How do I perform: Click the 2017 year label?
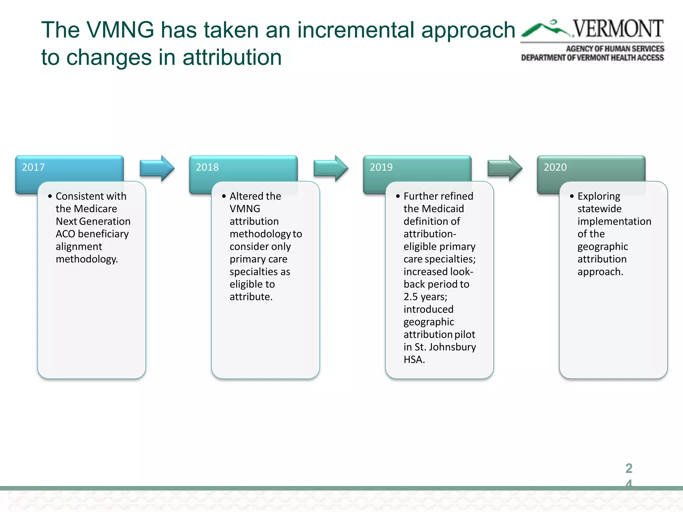[33, 167]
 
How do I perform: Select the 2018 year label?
[207, 167]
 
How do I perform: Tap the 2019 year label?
[381, 167]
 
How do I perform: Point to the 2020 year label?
[555, 167]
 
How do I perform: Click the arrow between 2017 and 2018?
[157, 168]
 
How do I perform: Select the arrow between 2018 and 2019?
[331, 168]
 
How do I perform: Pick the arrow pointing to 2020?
[505, 168]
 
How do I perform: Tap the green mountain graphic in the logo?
[546, 29]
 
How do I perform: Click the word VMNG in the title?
[120, 30]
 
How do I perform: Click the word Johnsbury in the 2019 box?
[452, 347]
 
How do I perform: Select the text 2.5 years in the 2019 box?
[425, 297]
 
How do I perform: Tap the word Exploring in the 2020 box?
[599, 196]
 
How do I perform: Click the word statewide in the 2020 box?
[599, 209]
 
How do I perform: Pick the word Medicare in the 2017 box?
[95, 209]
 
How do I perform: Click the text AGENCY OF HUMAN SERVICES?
[615, 49]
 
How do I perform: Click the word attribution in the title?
[232, 57]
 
